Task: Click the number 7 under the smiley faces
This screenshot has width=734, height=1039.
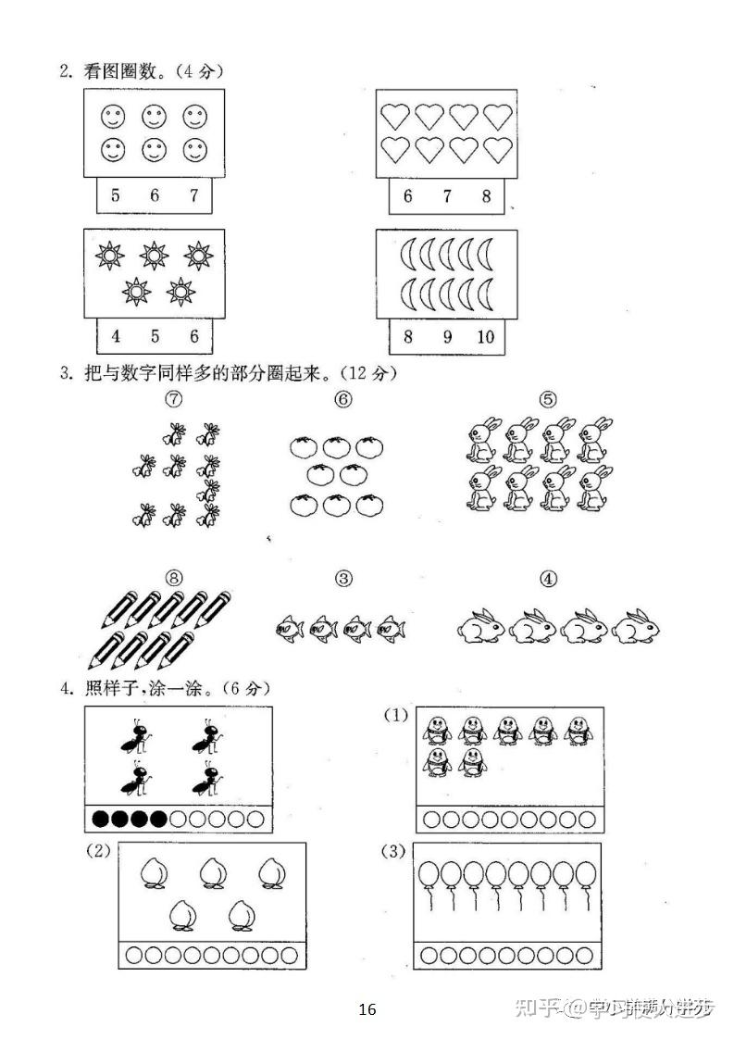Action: [x=193, y=195]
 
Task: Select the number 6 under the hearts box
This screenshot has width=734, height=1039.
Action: [x=408, y=196]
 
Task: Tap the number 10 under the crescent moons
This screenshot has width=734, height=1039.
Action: [x=486, y=336]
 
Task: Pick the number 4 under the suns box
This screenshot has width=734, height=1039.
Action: [x=116, y=336]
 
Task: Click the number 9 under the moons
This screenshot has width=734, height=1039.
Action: [x=447, y=336]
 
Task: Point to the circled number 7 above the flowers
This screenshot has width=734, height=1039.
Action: [x=172, y=399]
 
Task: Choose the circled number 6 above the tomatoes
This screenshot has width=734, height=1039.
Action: [x=343, y=399]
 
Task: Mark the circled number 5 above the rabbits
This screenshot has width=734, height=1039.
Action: [x=548, y=399]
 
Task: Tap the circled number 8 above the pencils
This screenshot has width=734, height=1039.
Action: [x=172, y=580]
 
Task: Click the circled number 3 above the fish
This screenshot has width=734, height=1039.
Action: [x=343, y=580]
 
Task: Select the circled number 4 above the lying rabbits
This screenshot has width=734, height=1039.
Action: [x=548, y=580]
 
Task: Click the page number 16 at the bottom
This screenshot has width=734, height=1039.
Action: [x=367, y=1008]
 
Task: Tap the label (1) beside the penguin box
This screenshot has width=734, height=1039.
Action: [x=397, y=715]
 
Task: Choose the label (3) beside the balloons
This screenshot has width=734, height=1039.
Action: [x=394, y=850]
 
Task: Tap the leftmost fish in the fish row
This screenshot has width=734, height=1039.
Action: [x=289, y=630]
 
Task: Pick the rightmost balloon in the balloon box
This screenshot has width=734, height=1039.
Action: [x=587, y=875]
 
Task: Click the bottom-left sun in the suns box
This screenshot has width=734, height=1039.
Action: [x=137, y=293]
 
